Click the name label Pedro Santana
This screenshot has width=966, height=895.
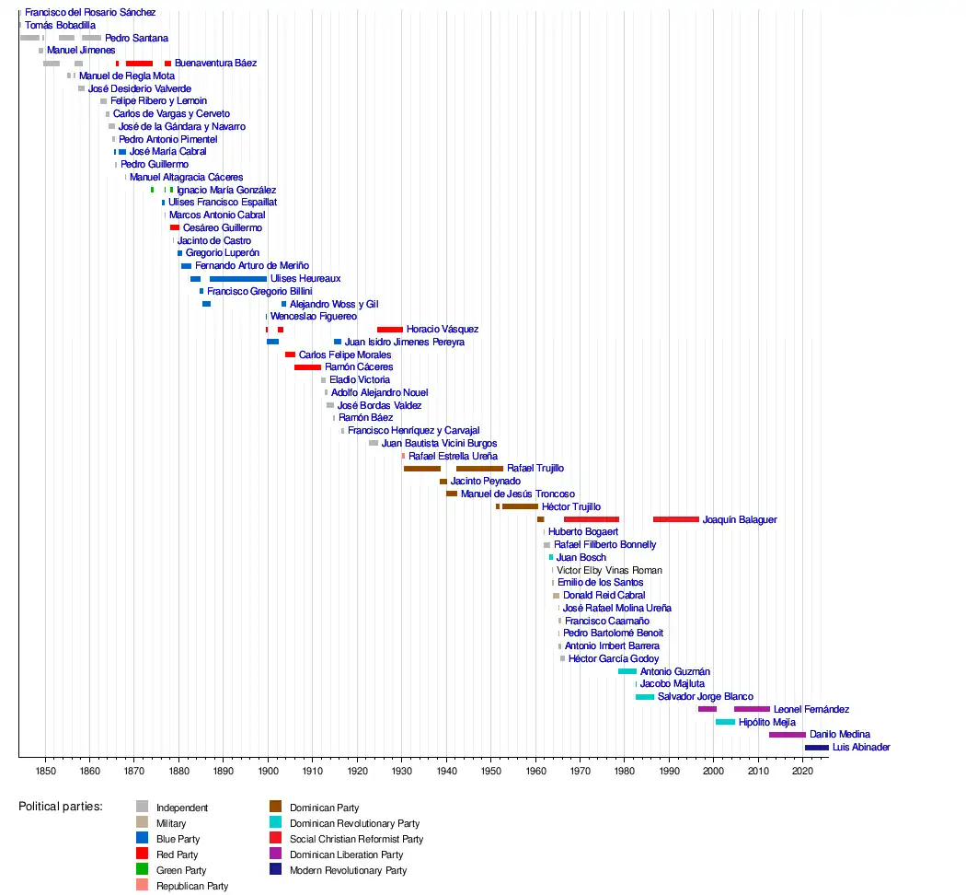click(136, 39)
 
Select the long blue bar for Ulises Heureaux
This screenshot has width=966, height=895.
click(237, 279)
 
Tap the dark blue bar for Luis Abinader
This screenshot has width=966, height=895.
click(816, 748)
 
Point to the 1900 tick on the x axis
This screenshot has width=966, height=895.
click(268, 757)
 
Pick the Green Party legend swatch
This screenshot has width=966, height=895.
click(143, 870)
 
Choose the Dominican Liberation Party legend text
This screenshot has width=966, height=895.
click(346, 854)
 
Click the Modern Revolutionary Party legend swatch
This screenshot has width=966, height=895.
click(276, 870)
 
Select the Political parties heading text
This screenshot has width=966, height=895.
click(61, 807)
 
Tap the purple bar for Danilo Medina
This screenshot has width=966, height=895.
click(787, 735)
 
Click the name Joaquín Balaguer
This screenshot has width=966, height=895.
click(739, 520)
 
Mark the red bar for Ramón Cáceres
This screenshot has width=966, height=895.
click(307, 367)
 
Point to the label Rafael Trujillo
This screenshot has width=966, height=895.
click(535, 469)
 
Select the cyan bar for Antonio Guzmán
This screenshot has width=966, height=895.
click(627, 672)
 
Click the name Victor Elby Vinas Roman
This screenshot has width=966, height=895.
click(609, 571)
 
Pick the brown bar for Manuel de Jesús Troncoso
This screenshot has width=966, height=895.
click(452, 494)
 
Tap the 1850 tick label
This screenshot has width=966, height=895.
click(45, 770)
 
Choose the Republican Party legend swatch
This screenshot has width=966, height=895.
click(143, 886)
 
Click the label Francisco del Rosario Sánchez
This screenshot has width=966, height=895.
click(90, 13)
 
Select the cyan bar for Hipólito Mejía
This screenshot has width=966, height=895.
click(725, 723)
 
